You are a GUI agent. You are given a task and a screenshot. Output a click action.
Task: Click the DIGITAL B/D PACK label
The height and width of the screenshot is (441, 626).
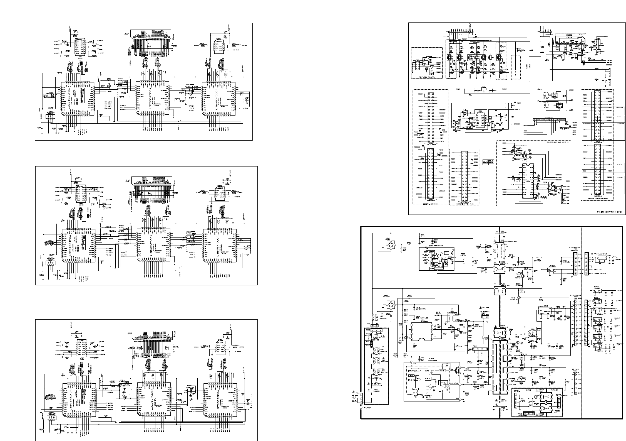coord(430,204)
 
